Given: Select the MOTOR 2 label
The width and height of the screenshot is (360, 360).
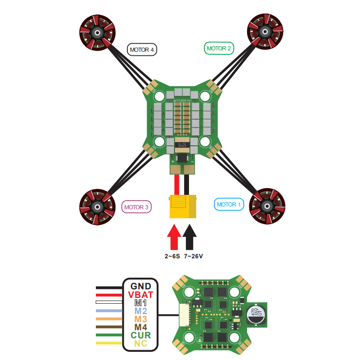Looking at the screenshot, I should click(x=219, y=48).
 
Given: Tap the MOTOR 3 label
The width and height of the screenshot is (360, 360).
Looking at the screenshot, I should click(x=136, y=207).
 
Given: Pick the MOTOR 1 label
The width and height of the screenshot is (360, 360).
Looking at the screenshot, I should click(x=229, y=204).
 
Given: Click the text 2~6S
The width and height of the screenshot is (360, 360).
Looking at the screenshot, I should click(x=172, y=256).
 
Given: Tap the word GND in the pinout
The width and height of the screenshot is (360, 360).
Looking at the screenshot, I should click(x=142, y=286).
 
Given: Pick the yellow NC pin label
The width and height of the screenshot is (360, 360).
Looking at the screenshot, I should click(x=142, y=344).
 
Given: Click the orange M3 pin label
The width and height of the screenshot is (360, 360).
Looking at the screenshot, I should click(x=142, y=319).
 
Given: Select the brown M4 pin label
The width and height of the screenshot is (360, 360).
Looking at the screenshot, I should click(x=142, y=327).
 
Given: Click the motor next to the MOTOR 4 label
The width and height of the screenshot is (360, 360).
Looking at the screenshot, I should click(x=97, y=32).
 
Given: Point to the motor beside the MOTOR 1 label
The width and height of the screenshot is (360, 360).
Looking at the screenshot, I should click(x=267, y=207).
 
